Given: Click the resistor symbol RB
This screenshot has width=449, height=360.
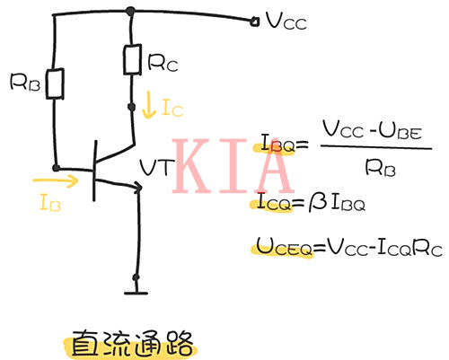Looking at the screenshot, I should coord(56,85).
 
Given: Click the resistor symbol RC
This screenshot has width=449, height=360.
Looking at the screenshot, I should coord(132,60).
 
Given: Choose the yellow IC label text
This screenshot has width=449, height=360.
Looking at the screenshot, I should coord(173,108).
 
